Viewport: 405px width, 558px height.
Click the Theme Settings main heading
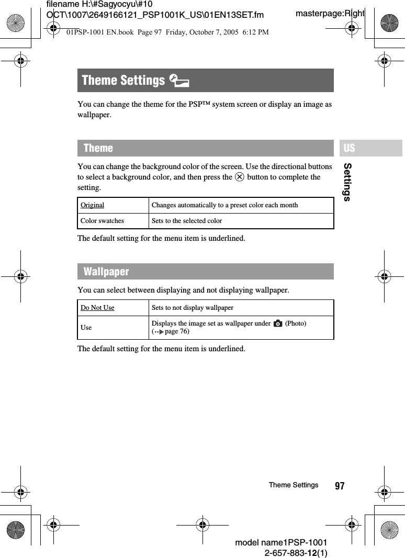pyautogui.click(x=123, y=80)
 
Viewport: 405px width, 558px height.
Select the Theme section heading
pyautogui.click(x=98, y=148)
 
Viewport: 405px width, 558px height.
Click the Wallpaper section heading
pyautogui.click(x=106, y=272)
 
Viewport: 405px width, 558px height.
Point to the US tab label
pyautogui.click(x=350, y=148)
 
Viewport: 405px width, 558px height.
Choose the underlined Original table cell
pyautogui.click(x=93, y=205)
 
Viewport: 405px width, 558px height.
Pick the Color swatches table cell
pyautogui.click(x=103, y=221)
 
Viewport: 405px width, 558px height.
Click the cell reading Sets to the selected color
pyautogui.click(x=187, y=221)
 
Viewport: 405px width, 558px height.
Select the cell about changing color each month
pyautogui.click(x=224, y=205)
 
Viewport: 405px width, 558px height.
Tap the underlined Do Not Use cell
pyautogui.click(x=97, y=308)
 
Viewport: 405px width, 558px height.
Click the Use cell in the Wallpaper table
pyautogui.click(x=86, y=328)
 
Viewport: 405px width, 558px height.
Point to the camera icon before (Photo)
pyautogui.click(x=278, y=323)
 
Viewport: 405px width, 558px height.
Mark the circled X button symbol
pyautogui.click(x=239, y=177)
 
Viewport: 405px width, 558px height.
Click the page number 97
pyautogui.click(x=340, y=486)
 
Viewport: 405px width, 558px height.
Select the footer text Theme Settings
pyautogui.click(x=293, y=485)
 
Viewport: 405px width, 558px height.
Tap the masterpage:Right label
pyautogui.click(x=330, y=13)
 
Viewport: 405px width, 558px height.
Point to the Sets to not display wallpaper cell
pyautogui.click(x=193, y=308)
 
